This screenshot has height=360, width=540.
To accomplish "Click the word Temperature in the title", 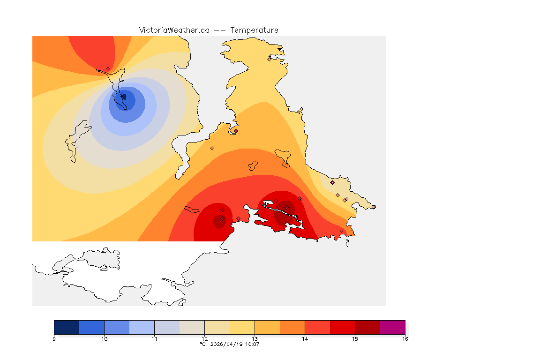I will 254,30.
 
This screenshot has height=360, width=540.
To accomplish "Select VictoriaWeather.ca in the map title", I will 174,30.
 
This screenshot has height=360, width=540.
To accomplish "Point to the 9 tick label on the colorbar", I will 54,338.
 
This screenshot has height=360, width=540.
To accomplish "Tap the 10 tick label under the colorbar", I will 104,338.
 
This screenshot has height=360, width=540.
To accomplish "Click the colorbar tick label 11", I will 154,338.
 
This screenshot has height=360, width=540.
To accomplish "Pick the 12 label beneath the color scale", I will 204,338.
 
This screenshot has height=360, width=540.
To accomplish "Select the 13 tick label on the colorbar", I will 255,338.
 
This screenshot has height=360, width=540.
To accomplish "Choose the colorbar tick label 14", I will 305,338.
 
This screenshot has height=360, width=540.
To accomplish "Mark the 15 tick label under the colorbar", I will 355,338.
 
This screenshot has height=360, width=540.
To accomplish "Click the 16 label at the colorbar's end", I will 405,338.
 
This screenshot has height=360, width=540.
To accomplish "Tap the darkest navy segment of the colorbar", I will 67,327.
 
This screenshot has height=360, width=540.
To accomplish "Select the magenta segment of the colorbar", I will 392,327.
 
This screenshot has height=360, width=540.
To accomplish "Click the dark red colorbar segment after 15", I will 367,327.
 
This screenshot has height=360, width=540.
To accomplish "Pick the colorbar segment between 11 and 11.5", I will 167,327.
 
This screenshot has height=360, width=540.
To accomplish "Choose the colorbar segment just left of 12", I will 192,327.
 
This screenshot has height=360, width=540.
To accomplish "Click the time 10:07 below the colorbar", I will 252,344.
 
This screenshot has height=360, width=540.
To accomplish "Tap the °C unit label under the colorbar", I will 202,344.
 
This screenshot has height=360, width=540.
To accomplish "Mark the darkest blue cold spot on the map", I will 124,97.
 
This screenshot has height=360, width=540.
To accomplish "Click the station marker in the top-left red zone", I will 108,68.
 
